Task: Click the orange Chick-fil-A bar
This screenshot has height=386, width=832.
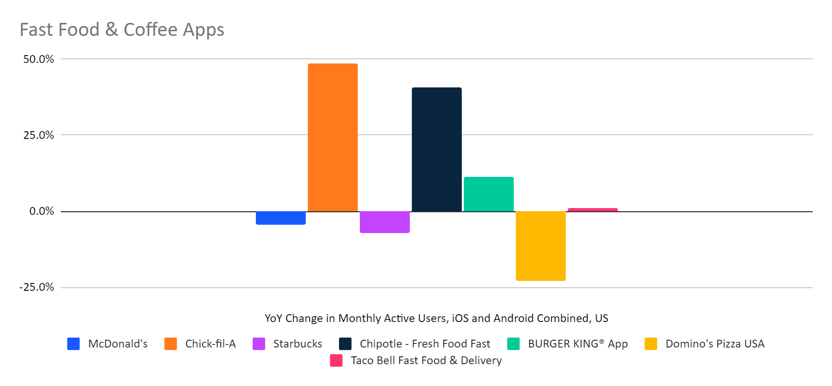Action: pyautogui.click(x=333, y=137)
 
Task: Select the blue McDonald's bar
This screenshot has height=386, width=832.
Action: pyautogui.click(x=281, y=218)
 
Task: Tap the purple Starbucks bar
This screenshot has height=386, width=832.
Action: pyautogui.click(x=385, y=222)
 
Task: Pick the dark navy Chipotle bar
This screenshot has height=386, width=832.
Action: pyautogui.click(x=437, y=149)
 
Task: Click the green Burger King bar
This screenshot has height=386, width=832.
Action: pyautogui.click(x=489, y=194)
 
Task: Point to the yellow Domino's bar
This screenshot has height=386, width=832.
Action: pyautogui.click(x=541, y=246)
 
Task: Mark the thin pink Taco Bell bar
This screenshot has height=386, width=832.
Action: pyautogui.click(x=593, y=210)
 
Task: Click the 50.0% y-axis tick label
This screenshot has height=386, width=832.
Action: pyautogui.click(x=38, y=59)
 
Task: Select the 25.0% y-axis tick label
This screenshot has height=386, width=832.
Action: pyautogui.click(x=38, y=135)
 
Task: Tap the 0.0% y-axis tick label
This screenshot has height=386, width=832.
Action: pyautogui.click(x=42, y=211)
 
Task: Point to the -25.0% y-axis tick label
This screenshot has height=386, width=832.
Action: pyautogui.click(x=37, y=287)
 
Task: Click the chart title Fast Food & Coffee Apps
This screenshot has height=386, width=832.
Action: pyautogui.click(x=122, y=30)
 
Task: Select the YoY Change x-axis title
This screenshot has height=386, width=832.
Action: pyautogui.click(x=436, y=318)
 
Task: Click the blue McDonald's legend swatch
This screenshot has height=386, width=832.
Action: pyautogui.click(x=73, y=344)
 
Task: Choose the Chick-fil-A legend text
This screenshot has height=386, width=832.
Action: pyautogui.click(x=211, y=344)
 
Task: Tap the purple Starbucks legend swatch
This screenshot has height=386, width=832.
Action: pyautogui.click(x=259, y=344)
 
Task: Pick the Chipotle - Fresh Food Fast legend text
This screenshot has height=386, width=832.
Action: pyautogui.click(x=425, y=344)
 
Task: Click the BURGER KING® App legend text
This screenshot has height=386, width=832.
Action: pyautogui.click(x=578, y=344)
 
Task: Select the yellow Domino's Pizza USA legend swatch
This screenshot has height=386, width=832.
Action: pyautogui.click(x=651, y=344)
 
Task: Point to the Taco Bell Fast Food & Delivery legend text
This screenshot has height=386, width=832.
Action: pyautogui.click(x=426, y=361)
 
